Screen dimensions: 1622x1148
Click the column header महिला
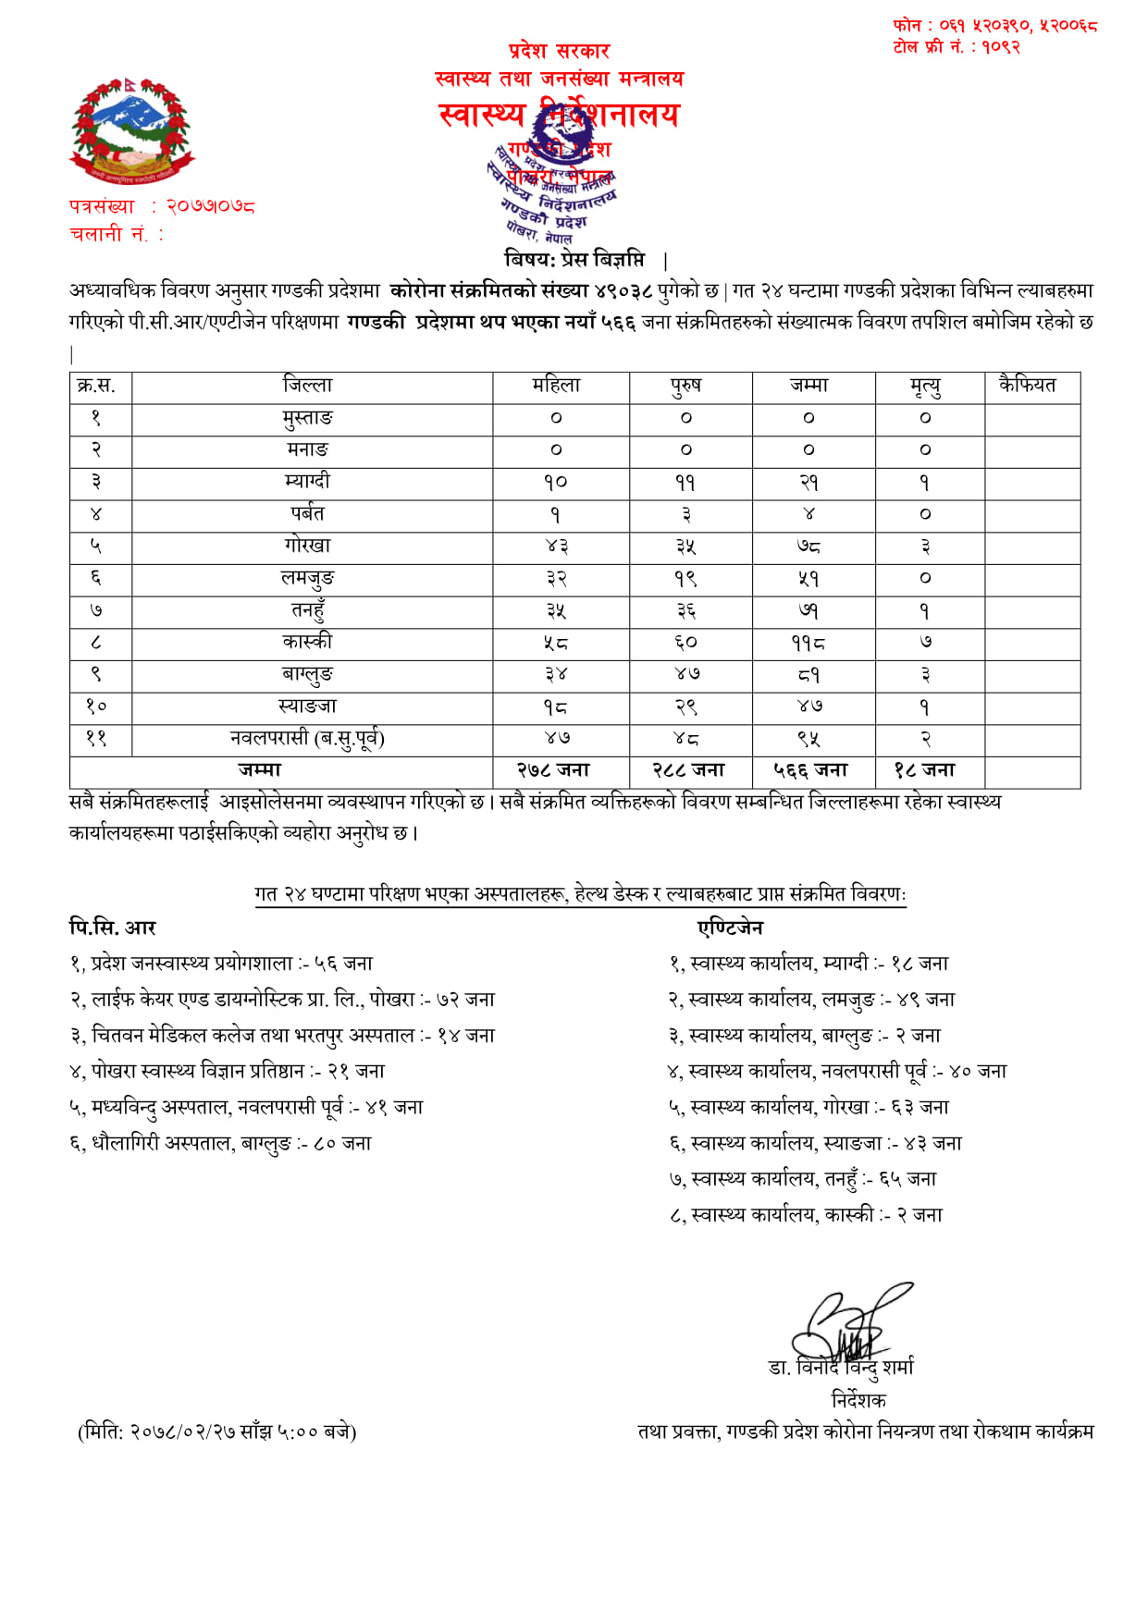click(556, 386)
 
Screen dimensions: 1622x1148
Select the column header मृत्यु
click(925, 387)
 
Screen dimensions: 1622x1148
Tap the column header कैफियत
click(1027, 386)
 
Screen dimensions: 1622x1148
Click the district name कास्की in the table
click(307, 642)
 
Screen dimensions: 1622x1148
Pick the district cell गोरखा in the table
click(307, 546)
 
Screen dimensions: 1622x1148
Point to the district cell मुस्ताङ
click(307, 418)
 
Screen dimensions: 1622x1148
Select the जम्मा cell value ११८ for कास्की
click(809, 643)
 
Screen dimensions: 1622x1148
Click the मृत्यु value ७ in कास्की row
click(925, 643)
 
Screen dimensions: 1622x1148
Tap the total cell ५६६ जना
click(810, 770)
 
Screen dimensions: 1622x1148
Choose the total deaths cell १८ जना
click(925, 770)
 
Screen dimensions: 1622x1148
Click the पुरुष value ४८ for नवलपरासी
click(686, 739)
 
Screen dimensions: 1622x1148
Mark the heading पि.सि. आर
click(113, 928)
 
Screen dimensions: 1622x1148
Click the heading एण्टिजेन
click(731, 928)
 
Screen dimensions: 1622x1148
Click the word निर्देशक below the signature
click(858, 1399)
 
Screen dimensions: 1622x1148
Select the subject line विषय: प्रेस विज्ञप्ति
click(574, 259)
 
